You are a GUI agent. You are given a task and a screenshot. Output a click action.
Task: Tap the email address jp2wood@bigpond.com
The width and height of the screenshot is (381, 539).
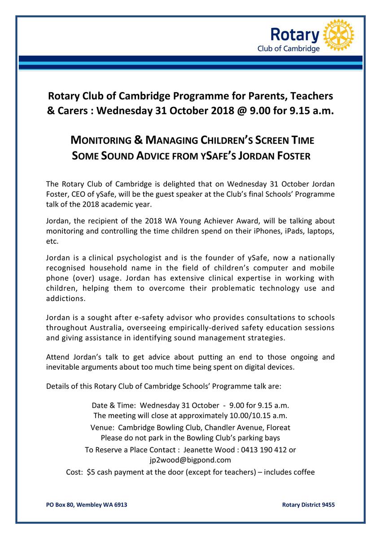pos(190,460)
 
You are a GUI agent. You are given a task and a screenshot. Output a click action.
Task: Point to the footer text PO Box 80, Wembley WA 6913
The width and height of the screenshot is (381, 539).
pos(87,505)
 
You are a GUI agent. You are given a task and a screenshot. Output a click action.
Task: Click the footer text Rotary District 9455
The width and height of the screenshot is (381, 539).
pos(308,505)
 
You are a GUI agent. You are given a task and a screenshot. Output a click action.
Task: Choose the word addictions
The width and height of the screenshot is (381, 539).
pos(63,298)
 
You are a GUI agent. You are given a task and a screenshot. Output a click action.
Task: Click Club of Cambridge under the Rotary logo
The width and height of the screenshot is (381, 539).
pos(288,49)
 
